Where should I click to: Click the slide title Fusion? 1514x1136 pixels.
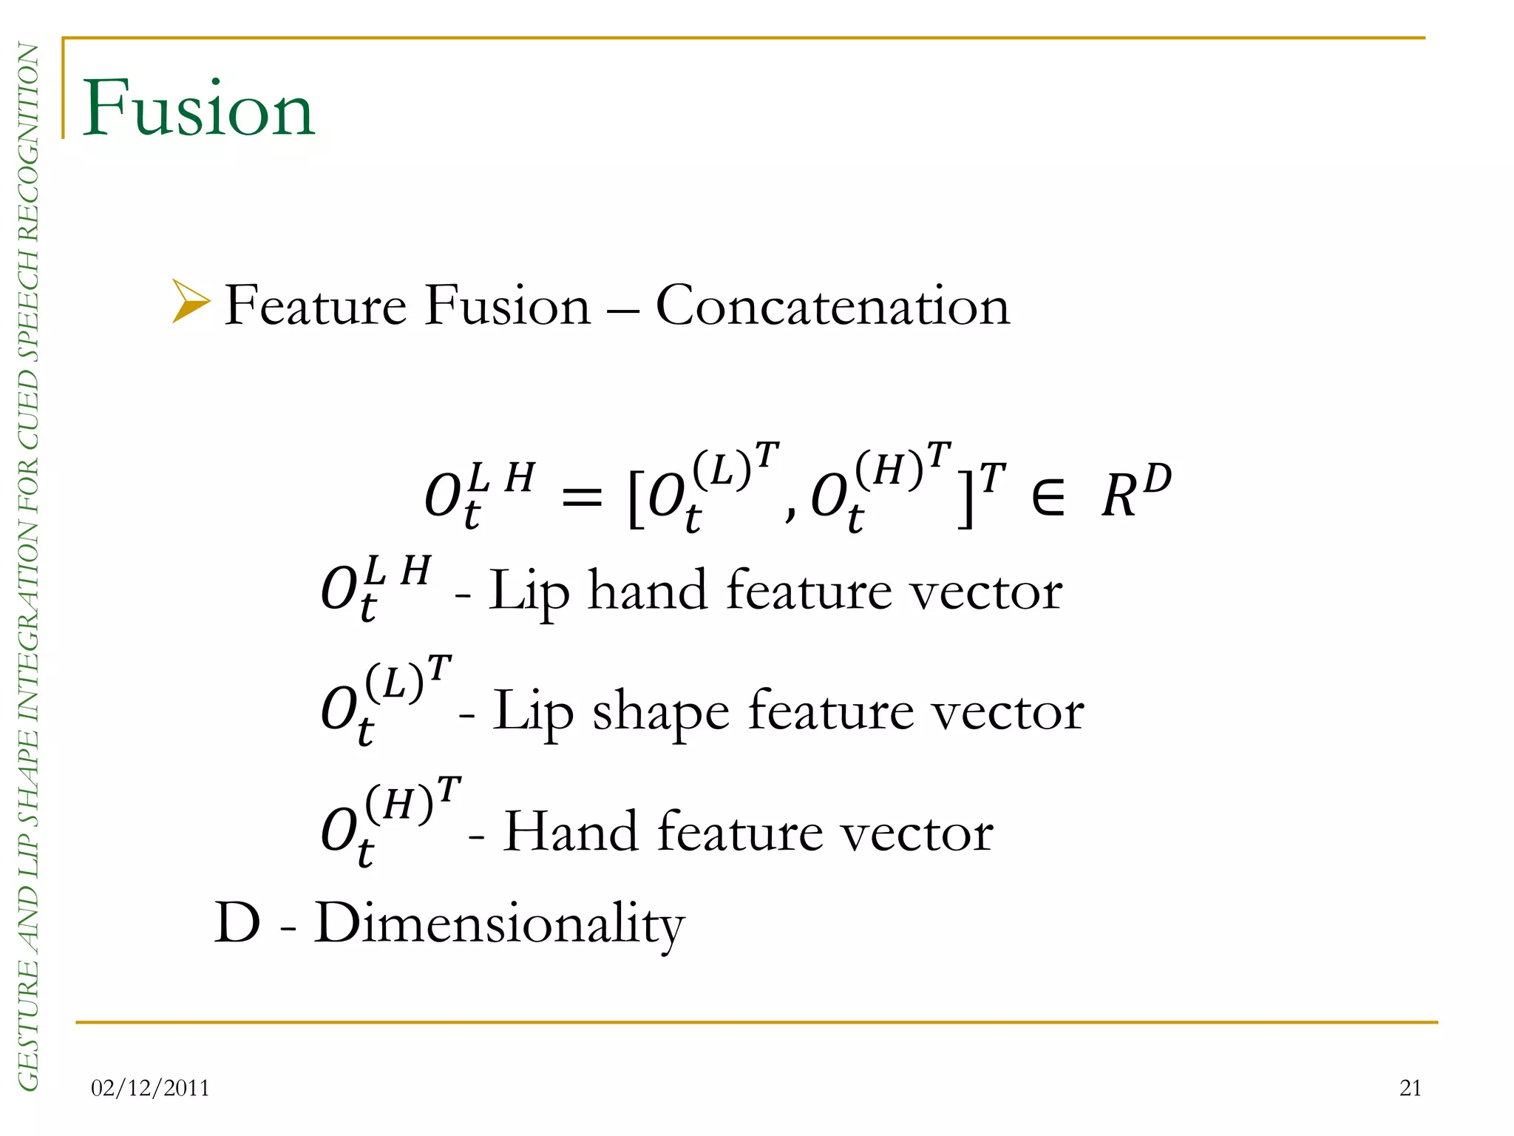point(198,109)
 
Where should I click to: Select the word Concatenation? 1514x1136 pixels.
point(832,306)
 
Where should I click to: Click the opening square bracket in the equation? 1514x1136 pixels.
point(634,496)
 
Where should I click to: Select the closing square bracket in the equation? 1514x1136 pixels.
point(965,496)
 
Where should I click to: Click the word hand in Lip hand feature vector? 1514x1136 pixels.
point(647,591)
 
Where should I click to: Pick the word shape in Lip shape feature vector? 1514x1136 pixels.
point(661,711)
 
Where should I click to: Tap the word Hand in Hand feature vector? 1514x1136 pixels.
point(571,832)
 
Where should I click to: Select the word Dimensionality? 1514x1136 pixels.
point(500,924)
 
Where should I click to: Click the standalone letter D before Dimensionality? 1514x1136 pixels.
point(237,924)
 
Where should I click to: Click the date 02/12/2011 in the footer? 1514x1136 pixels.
point(150,1088)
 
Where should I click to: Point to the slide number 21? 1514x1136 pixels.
point(1411,1088)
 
